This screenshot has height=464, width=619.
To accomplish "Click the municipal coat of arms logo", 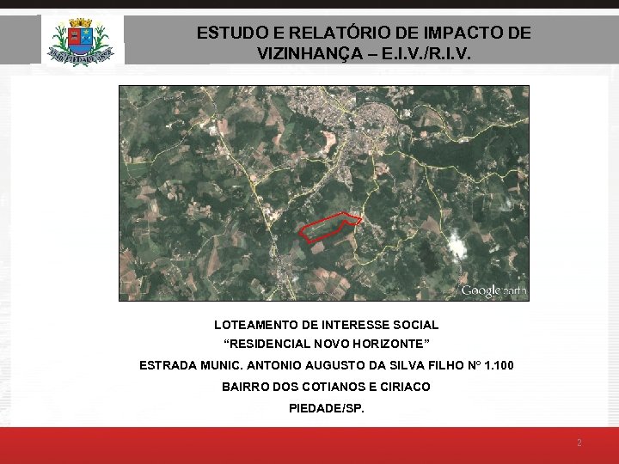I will [x=83, y=40].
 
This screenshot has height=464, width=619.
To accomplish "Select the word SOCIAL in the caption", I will [x=417, y=325].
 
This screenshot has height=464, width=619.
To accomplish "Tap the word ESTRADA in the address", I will [x=166, y=366].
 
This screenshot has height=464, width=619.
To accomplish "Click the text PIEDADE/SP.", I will [x=327, y=408].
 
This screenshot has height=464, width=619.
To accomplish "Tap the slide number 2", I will [x=579, y=443].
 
